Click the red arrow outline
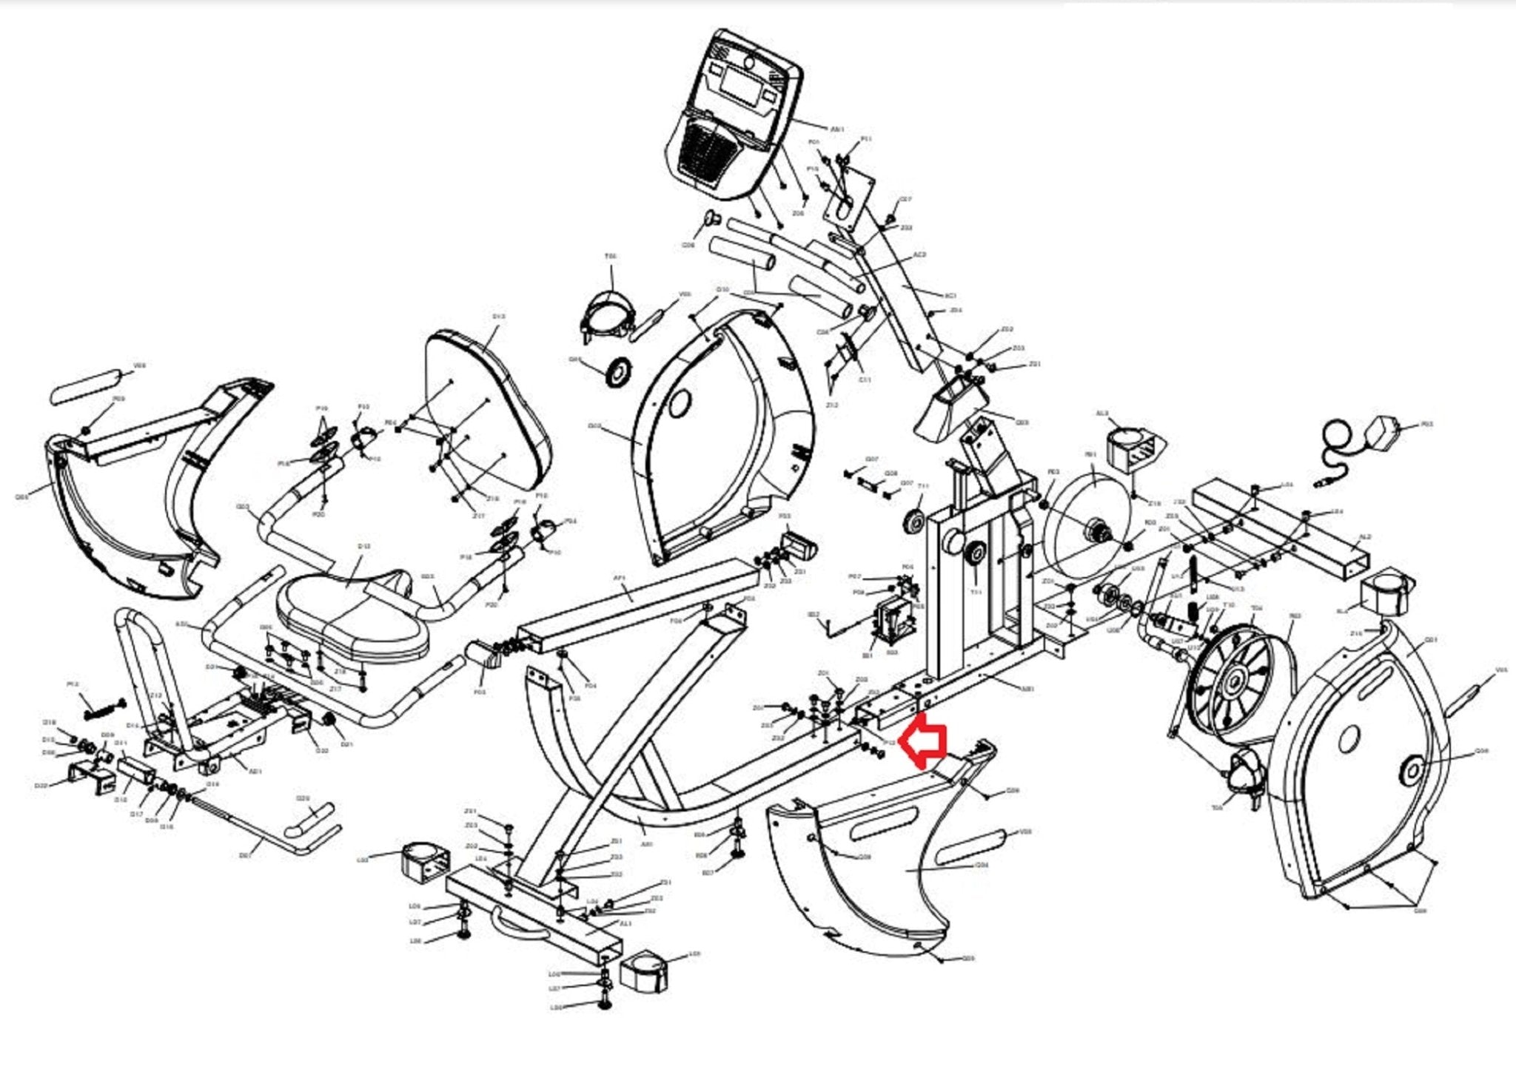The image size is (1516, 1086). point(924,741)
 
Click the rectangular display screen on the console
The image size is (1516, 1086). point(743,84)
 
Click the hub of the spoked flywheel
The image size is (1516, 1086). point(1234,679)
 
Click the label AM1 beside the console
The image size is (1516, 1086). point(837,129)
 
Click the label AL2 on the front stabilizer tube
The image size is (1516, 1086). point(1366,537)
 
